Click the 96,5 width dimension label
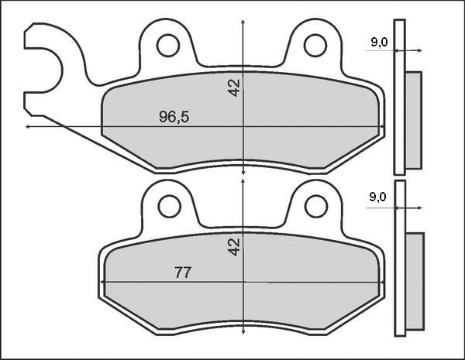(174, 117)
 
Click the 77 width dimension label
(183, 273)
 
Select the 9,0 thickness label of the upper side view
(379, 43)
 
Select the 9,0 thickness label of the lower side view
(379, 198)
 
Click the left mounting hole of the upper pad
(167, 46)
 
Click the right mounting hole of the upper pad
(315, 46)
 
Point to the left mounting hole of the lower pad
(168, 205)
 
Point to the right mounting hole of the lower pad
(315, 205)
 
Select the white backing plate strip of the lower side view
(399, 258)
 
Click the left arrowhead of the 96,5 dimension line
(29, 126)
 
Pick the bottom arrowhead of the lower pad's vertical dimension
(244, 333)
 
